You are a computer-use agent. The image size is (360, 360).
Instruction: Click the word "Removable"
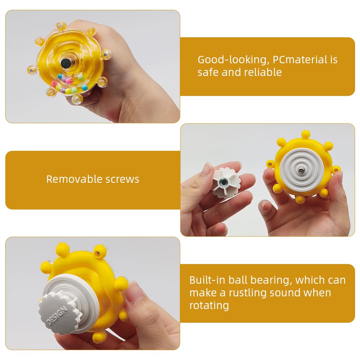[69, 179]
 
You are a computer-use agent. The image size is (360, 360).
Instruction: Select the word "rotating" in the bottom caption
[209, 305]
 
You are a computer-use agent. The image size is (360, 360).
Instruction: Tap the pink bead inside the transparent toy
[55, 84]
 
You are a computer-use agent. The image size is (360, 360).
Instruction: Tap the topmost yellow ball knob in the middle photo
[306, 134]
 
